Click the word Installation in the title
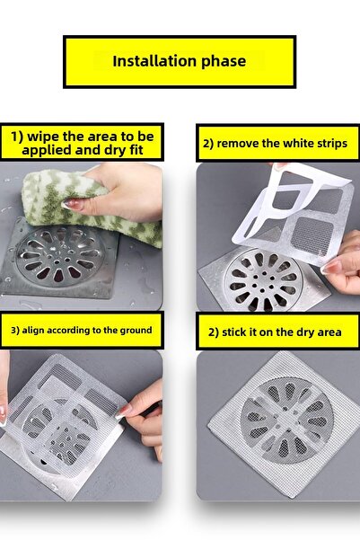[x=152, y=62]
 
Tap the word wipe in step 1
[x=50, y=136]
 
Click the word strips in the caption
[x=329, y=144]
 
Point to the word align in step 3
[x=39, y=331]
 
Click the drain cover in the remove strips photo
[x=264, y=274]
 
